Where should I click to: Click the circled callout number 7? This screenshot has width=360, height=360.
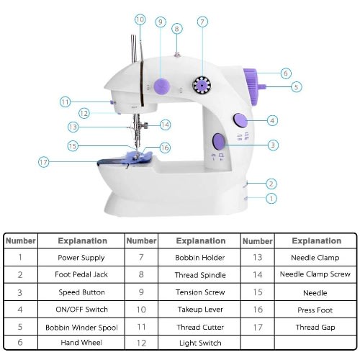(202, 22)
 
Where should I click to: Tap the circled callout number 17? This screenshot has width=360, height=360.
(44, 162)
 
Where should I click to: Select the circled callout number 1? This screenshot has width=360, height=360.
(271, 199)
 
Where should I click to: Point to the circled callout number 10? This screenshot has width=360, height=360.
(140, 19)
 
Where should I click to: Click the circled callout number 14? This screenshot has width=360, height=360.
(165, 125)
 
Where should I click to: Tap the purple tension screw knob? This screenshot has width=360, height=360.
(162, 86)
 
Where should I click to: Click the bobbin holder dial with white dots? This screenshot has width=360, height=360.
(202, 85)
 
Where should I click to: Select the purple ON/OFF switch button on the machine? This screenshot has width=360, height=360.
(240, 120)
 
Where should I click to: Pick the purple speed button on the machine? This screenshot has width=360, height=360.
(219, 141)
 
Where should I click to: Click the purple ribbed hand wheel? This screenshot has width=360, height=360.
(251, 87)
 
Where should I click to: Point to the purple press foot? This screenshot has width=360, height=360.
(138, 157)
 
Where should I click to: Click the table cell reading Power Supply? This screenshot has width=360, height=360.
(81, 258)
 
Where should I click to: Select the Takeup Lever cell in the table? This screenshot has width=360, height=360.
(200, 310)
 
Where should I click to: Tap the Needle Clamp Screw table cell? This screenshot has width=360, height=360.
(315, 274)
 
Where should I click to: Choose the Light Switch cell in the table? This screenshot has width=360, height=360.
(200, 343)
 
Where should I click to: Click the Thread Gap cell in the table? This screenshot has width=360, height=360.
(315, 327)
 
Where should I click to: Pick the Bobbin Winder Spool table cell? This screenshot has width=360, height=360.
(81, 328)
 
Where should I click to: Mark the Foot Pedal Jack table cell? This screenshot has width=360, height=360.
(81, 274)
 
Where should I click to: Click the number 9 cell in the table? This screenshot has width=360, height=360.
(141, 292)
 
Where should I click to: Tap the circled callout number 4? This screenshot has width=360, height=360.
(272, 120)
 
